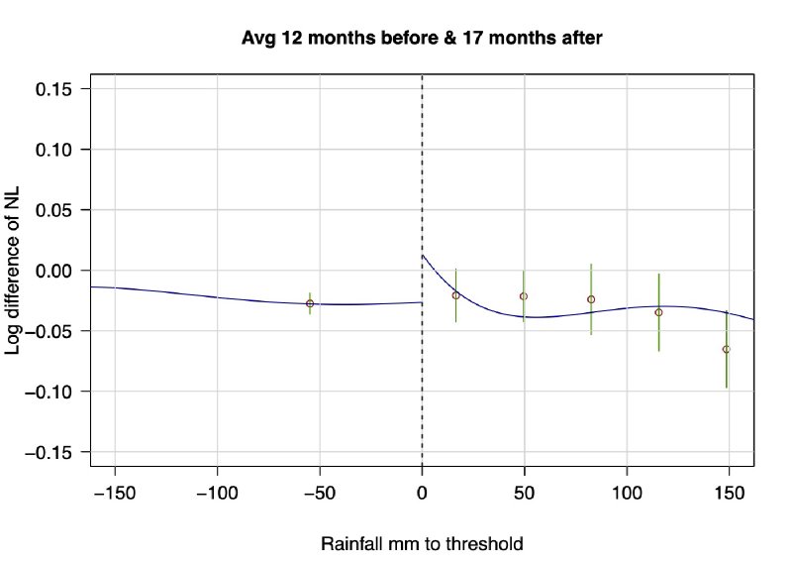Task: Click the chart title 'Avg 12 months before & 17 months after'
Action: (423, 39)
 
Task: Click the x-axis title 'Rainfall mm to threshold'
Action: (422, 544)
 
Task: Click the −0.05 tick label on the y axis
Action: (56, 331)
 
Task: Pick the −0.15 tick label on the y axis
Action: (56, 452)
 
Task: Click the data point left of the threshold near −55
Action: (310, 303)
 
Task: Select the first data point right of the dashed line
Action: (455, 295)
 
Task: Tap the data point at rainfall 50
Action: (524, 296)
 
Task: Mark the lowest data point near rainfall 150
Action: (727, 349)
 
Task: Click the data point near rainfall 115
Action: (658, 312)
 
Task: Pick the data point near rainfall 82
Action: (591, 299)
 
